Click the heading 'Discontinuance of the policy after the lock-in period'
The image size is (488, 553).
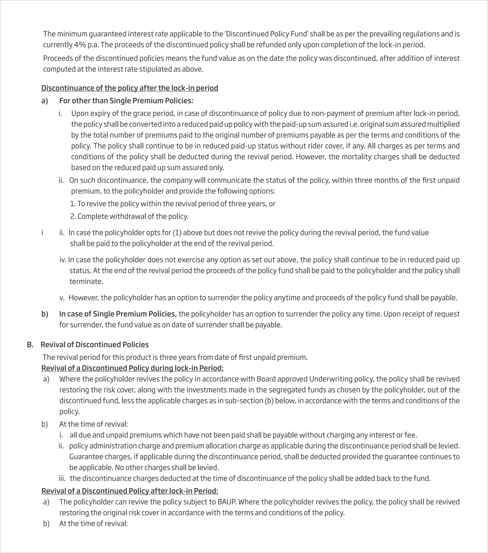click(130, 88)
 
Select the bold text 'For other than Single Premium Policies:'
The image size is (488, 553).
click(126, 101)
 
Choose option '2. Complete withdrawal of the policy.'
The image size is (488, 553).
click(129, 216)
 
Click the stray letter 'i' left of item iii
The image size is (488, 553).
click(42, 233)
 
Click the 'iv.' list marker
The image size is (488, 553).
click(63, 260)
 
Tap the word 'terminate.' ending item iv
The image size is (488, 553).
click(86, 282)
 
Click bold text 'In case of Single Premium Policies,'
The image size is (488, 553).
click(118, 314)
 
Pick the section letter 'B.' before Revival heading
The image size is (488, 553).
click(30, 345)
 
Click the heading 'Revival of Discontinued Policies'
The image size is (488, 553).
click(94, 345)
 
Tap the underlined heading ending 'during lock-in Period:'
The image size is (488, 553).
click(132, 368)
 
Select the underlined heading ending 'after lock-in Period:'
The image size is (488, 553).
click(130, 491)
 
